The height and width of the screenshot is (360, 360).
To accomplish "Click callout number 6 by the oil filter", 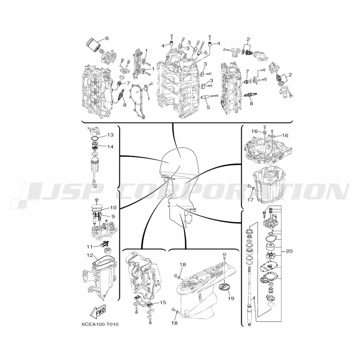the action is point(107,39).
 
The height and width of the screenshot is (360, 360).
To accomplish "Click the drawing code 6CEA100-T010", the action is point(100,324).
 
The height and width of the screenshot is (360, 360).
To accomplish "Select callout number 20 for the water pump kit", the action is point(289,251).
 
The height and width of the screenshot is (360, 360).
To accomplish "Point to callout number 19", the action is point(231,298).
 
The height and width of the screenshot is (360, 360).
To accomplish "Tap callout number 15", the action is point(163,302).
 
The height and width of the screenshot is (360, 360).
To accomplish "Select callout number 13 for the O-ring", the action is point(110,135).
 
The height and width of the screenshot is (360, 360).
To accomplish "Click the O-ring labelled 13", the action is point(95,138).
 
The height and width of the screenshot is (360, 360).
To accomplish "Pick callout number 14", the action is point(110,147).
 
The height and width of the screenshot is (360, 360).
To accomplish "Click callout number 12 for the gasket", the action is point(90,255).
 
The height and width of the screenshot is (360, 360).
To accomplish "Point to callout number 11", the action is point(90,247).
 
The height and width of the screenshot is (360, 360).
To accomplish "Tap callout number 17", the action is point(250,200).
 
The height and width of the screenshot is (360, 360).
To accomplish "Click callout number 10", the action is point(113,208).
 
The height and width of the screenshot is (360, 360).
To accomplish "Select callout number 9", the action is point(113,216).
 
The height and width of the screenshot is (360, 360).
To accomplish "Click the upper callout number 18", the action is point(183,265).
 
